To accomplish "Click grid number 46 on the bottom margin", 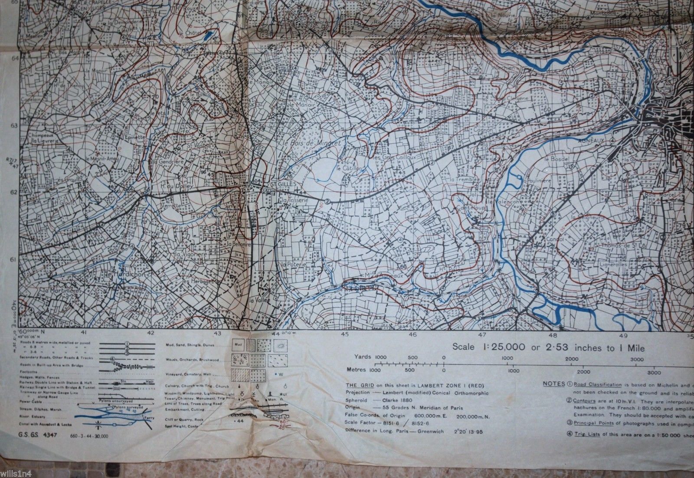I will tap(412, 334).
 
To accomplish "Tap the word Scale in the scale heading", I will tap(463, 347).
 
